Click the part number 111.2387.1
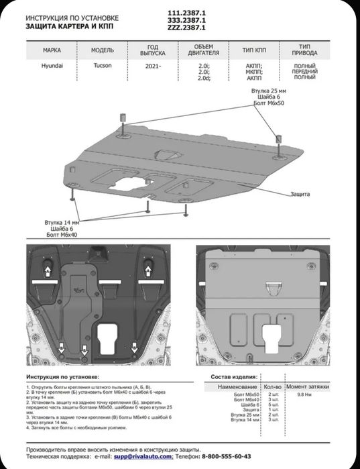[x=194, y=13]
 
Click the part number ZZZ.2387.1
[x=194, y=29]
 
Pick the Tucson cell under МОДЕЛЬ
[x=99, y=66]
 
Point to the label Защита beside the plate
[x=300, y=194]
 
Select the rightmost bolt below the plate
[x=188, y=209]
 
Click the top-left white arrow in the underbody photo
[x=48, y=271]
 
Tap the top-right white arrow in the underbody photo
[x=146, y=271]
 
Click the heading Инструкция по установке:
[x=63, y=378]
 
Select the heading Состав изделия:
[x=233, y=378]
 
